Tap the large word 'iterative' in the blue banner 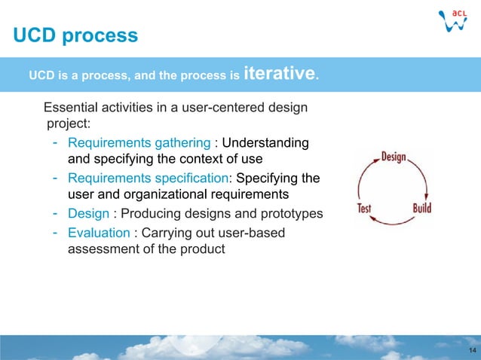pos(280,74)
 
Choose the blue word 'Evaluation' pos(98,233)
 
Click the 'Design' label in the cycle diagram pos(393,157)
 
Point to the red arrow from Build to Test pos(392,221)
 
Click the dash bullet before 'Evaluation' pos(56,232)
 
